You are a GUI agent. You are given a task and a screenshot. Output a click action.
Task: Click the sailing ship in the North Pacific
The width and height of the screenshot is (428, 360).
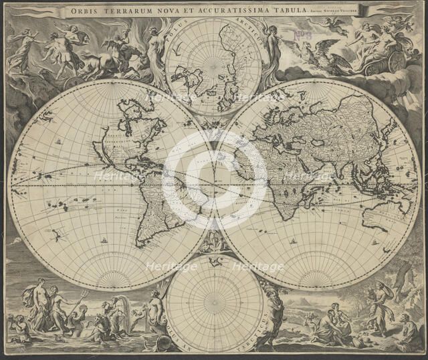59,142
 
